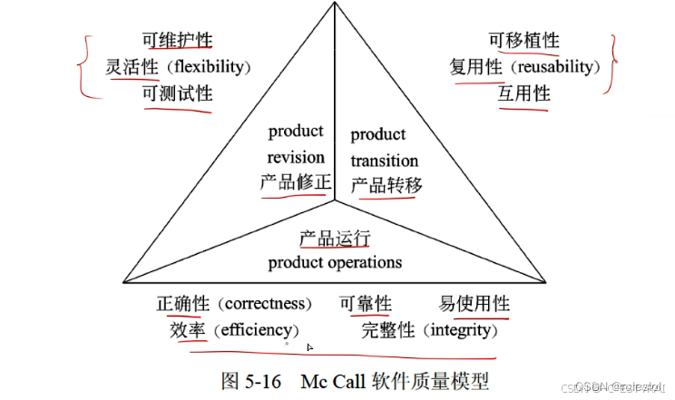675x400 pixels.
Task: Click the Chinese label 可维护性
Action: tap(177, 40)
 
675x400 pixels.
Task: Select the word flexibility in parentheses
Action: tap(208, 67)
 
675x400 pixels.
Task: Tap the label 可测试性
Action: tap(177, 94)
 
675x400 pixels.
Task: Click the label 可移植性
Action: tap(524, 40)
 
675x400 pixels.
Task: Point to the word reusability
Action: tap(558, 67)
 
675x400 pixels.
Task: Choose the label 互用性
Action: tap(523, 93)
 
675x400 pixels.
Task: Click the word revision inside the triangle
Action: tap(295, 156)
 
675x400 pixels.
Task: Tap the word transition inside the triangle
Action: tap(384, 161)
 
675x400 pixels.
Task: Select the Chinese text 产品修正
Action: tap(296, 181)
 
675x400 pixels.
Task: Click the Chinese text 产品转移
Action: tap(386, 185)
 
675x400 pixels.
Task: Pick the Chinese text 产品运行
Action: tap(335, 239)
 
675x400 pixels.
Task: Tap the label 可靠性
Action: tap(366, 304)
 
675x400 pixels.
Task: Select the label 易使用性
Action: tap(474, 304)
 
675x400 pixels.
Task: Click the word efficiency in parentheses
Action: tap(253, 329)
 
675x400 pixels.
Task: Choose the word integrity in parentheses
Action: tap(461, 329)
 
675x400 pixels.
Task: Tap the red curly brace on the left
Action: tap(85, 67)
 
